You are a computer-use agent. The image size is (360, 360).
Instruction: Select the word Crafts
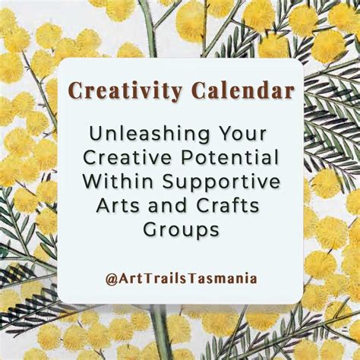pos(230,206)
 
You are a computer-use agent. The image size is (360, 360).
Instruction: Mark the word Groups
pos(180,230)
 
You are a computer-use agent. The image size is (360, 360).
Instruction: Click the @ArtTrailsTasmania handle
pos(181,278)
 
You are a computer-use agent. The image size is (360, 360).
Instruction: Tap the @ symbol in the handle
pos(112,278)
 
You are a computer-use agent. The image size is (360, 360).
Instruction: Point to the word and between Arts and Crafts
pos(172,206)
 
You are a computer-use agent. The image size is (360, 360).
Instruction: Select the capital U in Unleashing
pos(96,134)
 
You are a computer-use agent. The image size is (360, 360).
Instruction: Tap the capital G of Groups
pos(147,229)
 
